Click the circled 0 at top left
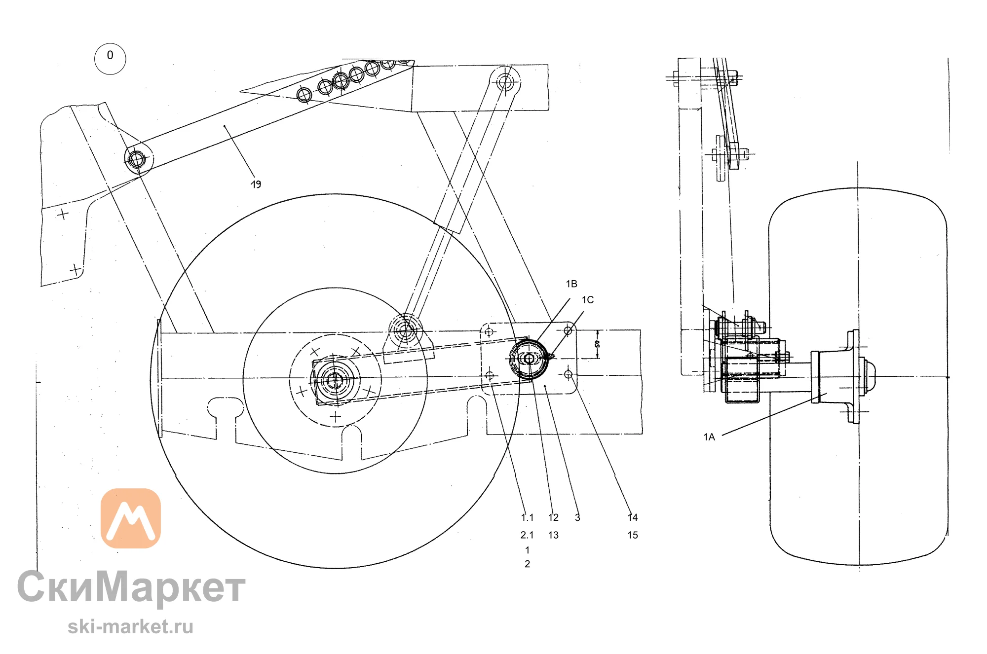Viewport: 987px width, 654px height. coord(110,59)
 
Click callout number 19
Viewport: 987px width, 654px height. coord(256,184)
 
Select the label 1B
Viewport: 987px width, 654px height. coord(571,284)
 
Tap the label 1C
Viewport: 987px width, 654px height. coord(587,299)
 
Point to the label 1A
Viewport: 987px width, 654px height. coord(709,436)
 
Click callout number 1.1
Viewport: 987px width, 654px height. coord(527,517)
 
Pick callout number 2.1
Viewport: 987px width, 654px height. coord(527,535)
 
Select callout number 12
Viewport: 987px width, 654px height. coord(553,517)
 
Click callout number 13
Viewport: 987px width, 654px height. coord(553,535)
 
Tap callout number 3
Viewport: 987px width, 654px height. coord(577,517)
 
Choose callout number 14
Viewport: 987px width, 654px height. coord(633,517)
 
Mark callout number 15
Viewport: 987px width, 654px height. coord(633,535)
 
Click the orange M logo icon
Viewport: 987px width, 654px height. coord(131,518)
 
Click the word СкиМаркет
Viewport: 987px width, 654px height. coord(131,587)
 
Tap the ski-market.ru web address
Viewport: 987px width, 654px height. coord(130,627)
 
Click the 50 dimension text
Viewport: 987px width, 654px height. coord(597,344)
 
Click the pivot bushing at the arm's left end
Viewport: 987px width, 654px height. coord(136,159)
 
